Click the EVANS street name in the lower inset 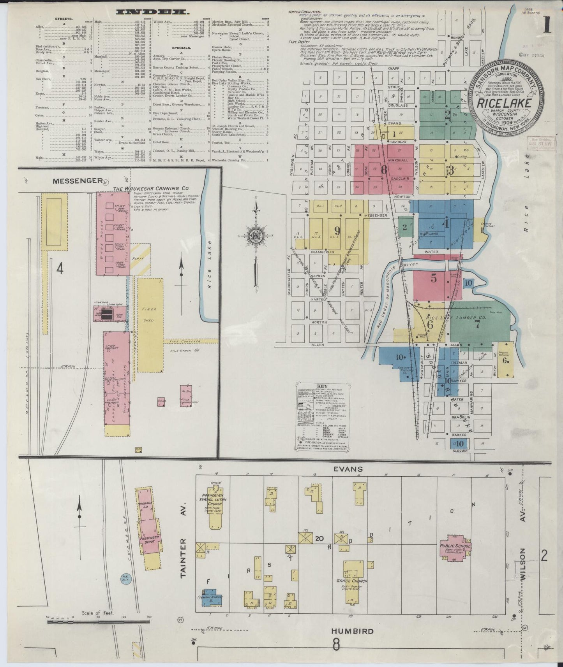tap(348, 469)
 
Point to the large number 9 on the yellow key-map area tap(337, 231)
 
